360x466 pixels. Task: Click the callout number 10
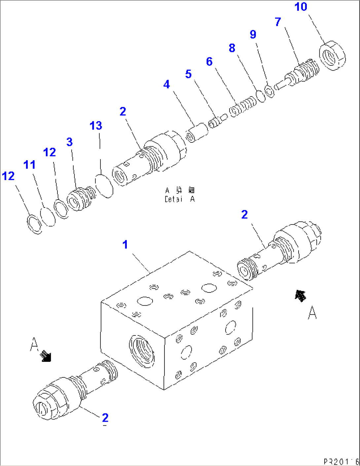coord(301,7)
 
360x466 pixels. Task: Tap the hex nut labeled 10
coord(332,55)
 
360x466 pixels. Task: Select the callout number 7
coord(278,22)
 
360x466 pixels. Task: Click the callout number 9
coord(253,34)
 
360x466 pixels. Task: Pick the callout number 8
coord(232,48)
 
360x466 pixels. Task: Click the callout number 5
coord(188,74)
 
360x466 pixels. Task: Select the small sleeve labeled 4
coord(197,132)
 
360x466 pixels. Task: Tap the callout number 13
coord(96,126)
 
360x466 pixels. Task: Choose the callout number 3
coord(69,142)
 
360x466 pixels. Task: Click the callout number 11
coord(29,165)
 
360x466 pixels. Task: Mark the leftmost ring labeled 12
coord(34,224)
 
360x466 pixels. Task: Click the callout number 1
coord(125,245)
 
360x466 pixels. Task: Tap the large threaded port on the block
coord(141,351)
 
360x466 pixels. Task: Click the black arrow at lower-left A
coord(45,356)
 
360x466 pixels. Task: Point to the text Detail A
coord(180,199)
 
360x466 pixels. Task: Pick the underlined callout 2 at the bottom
coord(105,418)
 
